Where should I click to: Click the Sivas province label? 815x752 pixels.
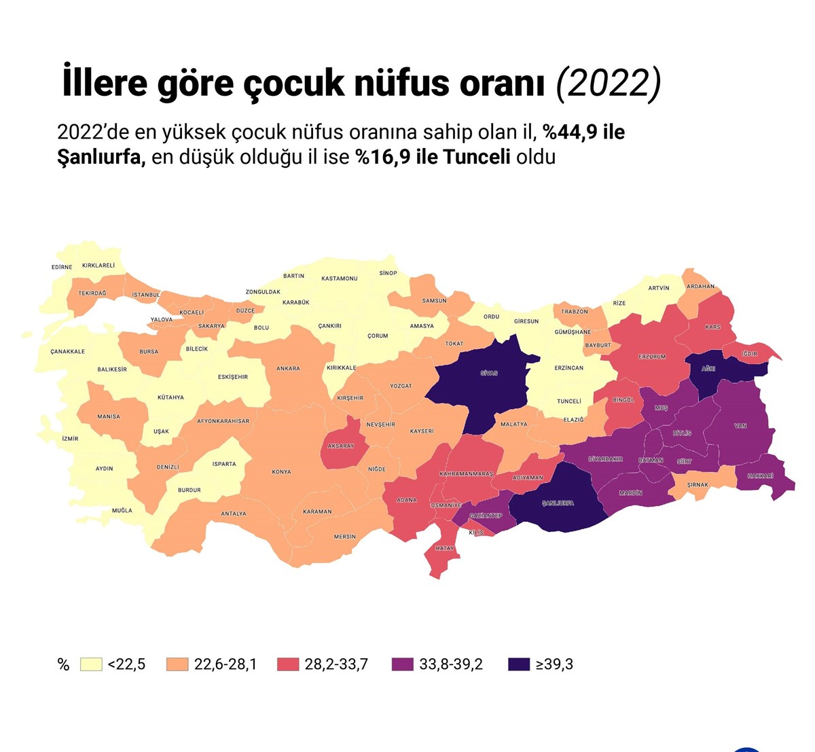point(489,374)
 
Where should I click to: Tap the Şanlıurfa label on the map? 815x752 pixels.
point(558,503)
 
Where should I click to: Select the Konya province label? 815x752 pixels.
point(281,472)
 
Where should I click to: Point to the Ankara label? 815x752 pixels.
point(288,369)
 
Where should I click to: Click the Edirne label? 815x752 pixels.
point(62,267)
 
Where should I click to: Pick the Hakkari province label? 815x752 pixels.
point(760,476)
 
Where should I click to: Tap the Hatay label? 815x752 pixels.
point(445,548)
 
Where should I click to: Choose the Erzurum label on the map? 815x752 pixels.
point(652,357)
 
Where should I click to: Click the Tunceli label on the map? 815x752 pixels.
point(569,401)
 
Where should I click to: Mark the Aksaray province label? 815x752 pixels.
point(341,446)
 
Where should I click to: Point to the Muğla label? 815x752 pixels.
point(122,510)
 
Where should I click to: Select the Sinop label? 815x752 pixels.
point(388,273)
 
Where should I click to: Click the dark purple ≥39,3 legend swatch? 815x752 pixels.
point(519,664)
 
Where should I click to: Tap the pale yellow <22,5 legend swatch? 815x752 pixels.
point(91,664)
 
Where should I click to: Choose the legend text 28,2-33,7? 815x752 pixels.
point(336,664)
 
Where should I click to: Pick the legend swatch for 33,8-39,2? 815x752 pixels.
point(403,664)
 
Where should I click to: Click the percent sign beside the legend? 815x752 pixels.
point(64,665)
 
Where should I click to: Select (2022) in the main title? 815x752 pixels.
point(609,84)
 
